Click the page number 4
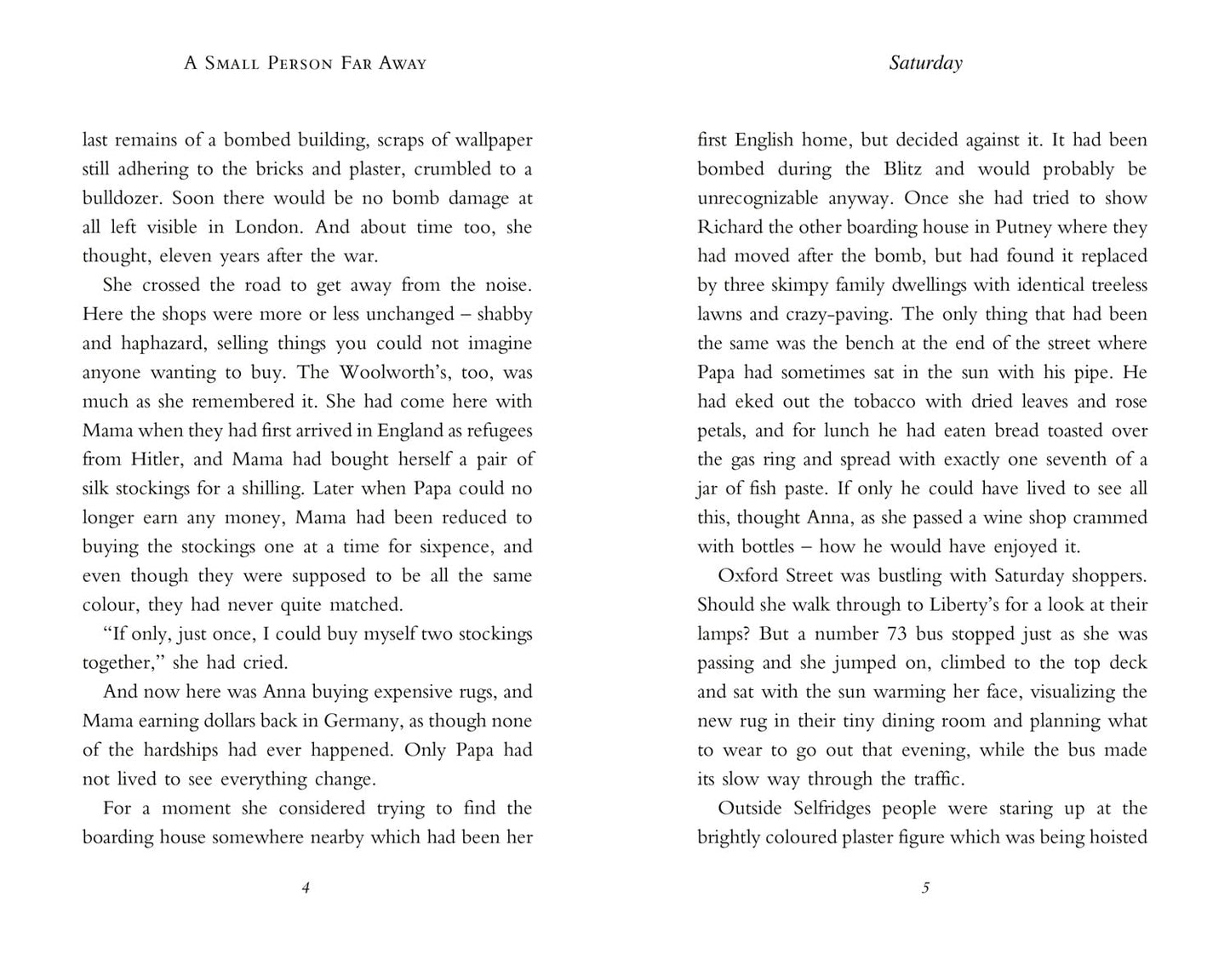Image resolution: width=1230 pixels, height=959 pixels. pyautogui.click(x=306, y=888)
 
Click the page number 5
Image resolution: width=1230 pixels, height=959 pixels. pyautogui.click(x=925, y=888)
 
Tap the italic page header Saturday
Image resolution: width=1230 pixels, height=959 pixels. pyautogui.click(x=925, y=63)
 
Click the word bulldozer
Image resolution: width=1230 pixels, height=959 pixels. pyautogui.click(x=123, y=198)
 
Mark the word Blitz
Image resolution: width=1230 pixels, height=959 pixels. pyautogui.click(x=902, y=168)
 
